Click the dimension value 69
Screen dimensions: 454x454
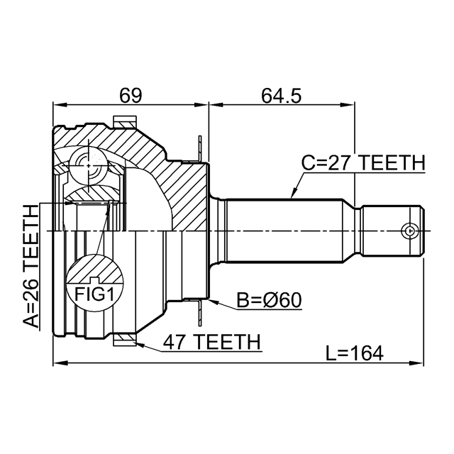click(131, 94)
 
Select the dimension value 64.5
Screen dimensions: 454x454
click(281, 94)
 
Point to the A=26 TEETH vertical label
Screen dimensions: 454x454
click(31, 266)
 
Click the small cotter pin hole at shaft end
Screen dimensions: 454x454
click(409, 231)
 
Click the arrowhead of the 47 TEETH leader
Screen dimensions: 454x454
click(137, 344)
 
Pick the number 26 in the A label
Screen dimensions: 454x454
click(31, 284)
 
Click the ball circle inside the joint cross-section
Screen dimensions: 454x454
click(87, 166)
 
